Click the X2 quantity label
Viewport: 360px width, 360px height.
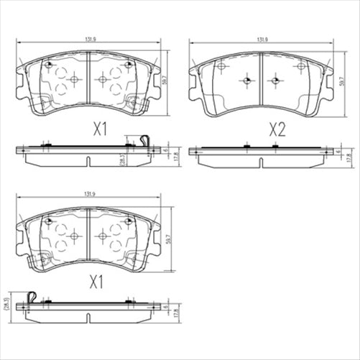point(276,129)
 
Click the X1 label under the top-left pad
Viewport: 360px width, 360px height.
point(100,129)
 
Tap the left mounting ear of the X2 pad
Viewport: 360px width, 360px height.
point(193,71)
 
